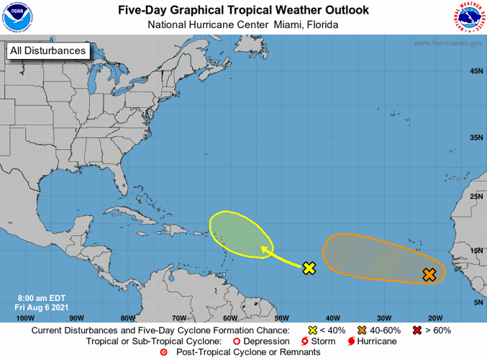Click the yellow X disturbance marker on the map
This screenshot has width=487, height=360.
pyautogui.click(x=309, y=269)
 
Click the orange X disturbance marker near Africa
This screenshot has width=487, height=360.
pyautogui.click(x=429, y=274)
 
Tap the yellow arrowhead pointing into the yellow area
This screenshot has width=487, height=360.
pyautogui.click(x=265, y=250)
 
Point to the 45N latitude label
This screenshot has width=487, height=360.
pyautogui.click(x=475, y=71)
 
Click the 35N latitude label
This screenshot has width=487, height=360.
pyautogui.click(x=475, y=138)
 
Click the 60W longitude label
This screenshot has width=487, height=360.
pyautogui.click(x=230, y=318)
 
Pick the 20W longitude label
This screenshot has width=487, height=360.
pyautogui.click(x=434, y=318)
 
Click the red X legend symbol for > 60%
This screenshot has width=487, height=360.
pyautogui.click(x=417, y=329)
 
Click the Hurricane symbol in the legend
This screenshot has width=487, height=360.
pyautogui.click(x=351, y=341)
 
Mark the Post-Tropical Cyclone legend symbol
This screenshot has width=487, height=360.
pyautogui.click(x=163, y=352)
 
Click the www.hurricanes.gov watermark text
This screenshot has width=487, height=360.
pyautogui.click(x=447, y=43)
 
